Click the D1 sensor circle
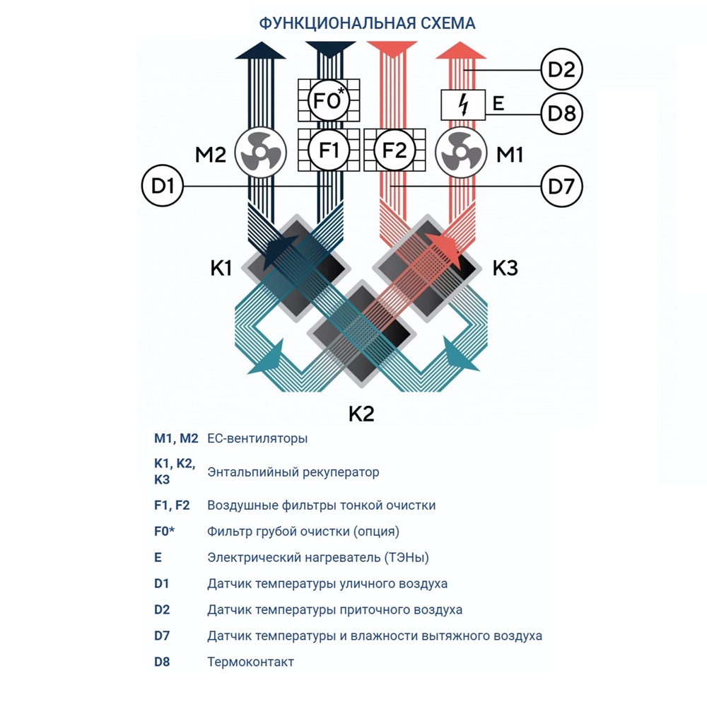click(163, 187)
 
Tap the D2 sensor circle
click(561, 70)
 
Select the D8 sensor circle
click(561, 113)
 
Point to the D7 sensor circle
click(561, 187)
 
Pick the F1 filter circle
click(329, 151)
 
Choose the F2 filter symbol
click(395, 151)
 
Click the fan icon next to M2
click(259, 153)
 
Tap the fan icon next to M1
click(460, 153)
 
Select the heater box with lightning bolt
click(463, 105)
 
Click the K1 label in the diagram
click(221, 269)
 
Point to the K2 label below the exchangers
click(361, 414)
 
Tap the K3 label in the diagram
click(506, 269)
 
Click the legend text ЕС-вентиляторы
click(257, 438)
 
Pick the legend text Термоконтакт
click(250, 662)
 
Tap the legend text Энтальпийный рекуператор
click(293, 472)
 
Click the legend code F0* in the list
click(165, 531)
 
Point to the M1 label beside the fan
click(510, 153)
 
